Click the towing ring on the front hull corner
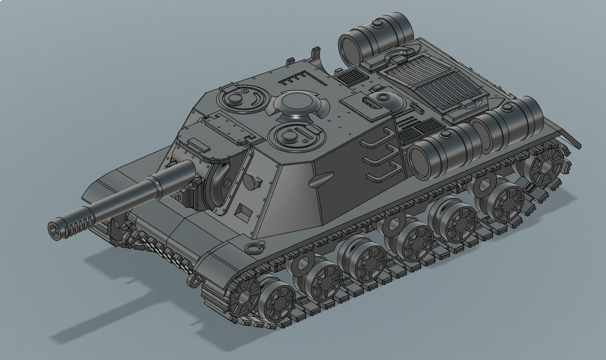pos(252,248)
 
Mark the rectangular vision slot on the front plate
pos(243,212)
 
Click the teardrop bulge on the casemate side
pos(321,180)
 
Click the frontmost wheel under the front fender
pos(243,294)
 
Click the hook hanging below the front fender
pos(195,280)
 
